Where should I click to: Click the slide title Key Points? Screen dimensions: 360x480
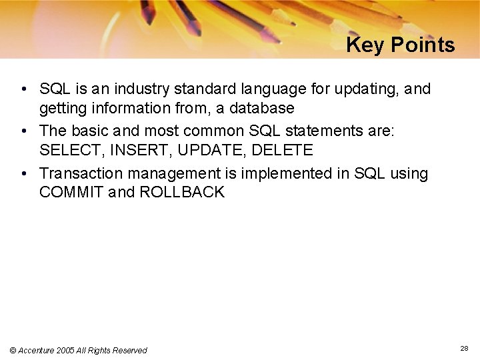point(400,45)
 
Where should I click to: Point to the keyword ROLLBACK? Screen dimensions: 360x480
point(182,193)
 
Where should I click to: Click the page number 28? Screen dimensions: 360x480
point(464,348)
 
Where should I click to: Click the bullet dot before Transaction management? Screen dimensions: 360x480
point(23,173)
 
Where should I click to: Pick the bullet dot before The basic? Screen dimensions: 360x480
point(23,131)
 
